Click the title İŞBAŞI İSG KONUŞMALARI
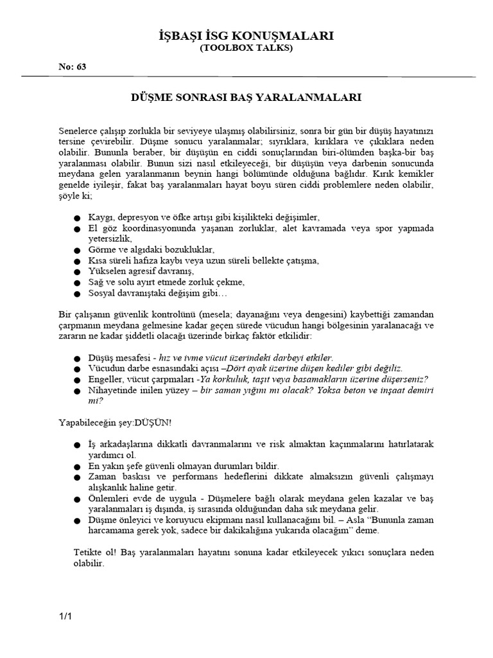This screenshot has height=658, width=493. pos(246,36)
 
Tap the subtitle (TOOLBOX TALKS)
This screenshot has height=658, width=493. pos(246,48)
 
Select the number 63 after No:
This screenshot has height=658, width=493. pos(81,67)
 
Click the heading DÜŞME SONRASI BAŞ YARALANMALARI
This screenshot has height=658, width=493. pos(246,98)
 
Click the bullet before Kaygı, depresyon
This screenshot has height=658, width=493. pos(78,218)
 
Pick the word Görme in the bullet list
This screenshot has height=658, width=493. pos(102,249)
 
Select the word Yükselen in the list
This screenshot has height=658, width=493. pos(107,271)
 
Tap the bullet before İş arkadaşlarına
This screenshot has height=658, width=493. pos(78,445)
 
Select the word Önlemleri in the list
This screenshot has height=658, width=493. pos(109,499)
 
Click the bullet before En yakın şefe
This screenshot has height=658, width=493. pos(78,466)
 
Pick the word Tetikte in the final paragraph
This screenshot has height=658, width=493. pos(92,553)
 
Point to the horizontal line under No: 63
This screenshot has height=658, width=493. pos(246,76)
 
